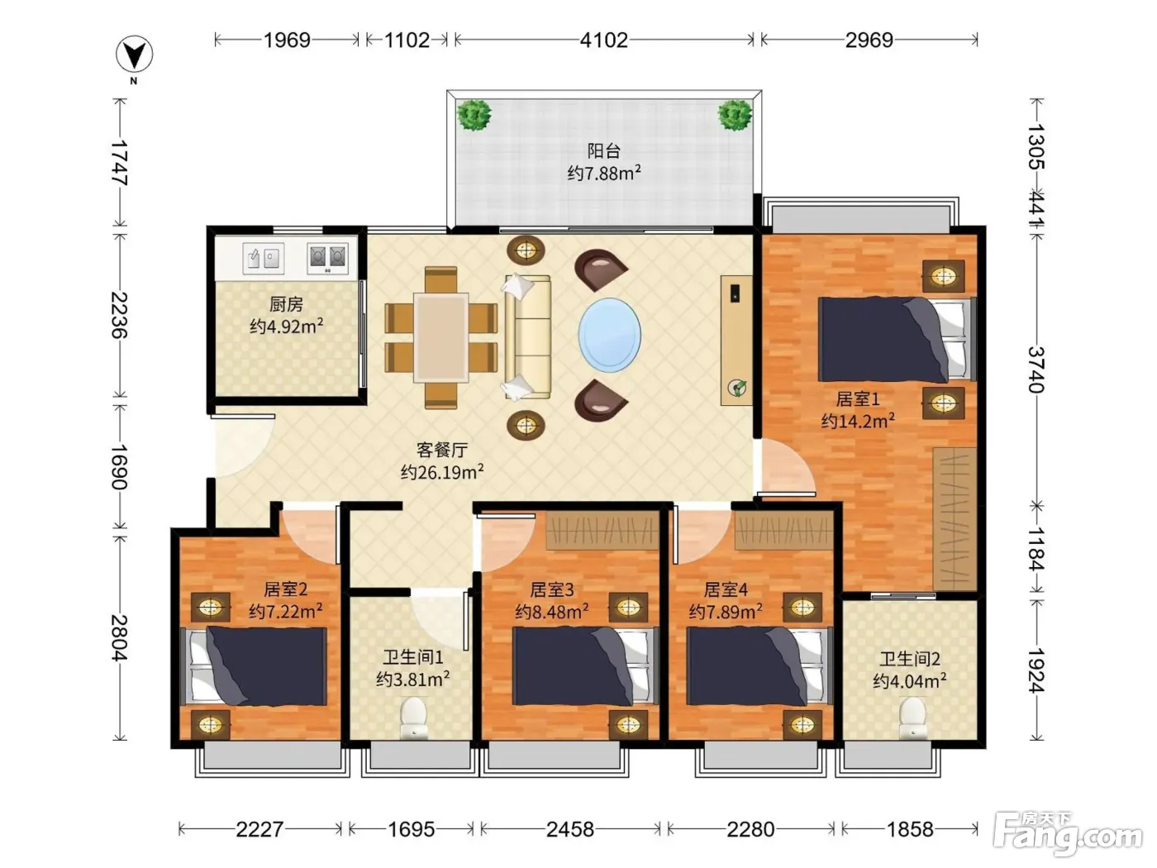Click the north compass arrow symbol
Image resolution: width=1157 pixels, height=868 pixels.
point(135,55)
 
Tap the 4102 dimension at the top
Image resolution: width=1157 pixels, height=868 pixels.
point(604,40)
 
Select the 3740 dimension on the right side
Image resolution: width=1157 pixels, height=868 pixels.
point(1036,370)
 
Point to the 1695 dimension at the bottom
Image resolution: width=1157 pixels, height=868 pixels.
point(411,829)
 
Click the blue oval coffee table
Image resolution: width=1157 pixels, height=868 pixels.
point(610,335)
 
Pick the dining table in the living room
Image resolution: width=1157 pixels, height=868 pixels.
point(440,337)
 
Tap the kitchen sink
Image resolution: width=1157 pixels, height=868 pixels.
point(263,258)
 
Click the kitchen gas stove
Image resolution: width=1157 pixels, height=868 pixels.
point(327,258)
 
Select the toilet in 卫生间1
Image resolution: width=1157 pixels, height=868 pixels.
point(413,718)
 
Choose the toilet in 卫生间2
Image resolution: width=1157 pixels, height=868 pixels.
point(912,718)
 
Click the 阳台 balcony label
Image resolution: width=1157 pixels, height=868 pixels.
point(604,151)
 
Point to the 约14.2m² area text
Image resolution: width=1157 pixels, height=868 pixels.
point(858,421)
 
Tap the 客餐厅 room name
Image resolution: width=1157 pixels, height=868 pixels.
point(441,450)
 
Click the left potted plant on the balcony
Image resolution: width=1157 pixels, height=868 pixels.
point(474,115)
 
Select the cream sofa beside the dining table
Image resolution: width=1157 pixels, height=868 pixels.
point(527,337)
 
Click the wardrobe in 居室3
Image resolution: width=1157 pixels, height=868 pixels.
point(602,530)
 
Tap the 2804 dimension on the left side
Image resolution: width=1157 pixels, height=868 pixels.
point(119,637)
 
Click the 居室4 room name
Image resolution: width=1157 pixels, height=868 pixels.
point(726,589)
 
